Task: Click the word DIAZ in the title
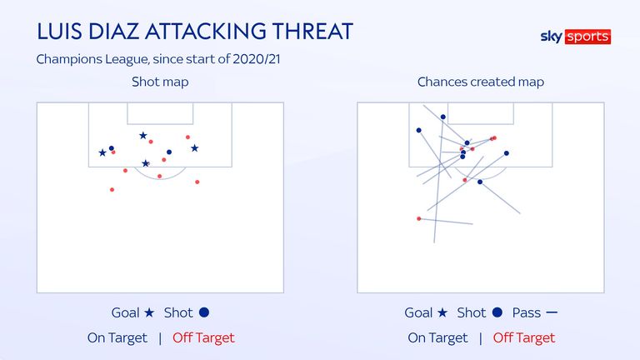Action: tap(114, 32)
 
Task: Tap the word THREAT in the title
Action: tap(312, 32)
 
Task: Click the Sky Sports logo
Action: tap(576, 37)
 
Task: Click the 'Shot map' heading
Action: tap(160, 82)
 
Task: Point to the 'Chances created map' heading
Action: tap(480, 82)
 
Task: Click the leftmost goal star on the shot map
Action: tap(102, 152)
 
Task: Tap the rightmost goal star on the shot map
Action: tap(195, 148)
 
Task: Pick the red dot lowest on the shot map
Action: tap(112, 190)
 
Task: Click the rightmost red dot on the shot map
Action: tap(197, 182)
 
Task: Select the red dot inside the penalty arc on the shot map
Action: tap(160, 177)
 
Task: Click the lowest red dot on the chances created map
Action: tap(419, 219)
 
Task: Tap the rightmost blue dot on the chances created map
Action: tap(507, 153)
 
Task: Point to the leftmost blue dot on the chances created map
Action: tap(419, 131)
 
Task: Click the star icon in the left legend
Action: tap(149, 312)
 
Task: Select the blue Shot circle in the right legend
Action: tap(497, 312)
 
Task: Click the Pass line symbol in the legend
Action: tap(552, 312)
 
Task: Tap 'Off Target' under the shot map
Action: tap(203, 338)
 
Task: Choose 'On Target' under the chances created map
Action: tap(437, 338)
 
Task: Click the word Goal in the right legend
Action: tap(418, 312)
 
